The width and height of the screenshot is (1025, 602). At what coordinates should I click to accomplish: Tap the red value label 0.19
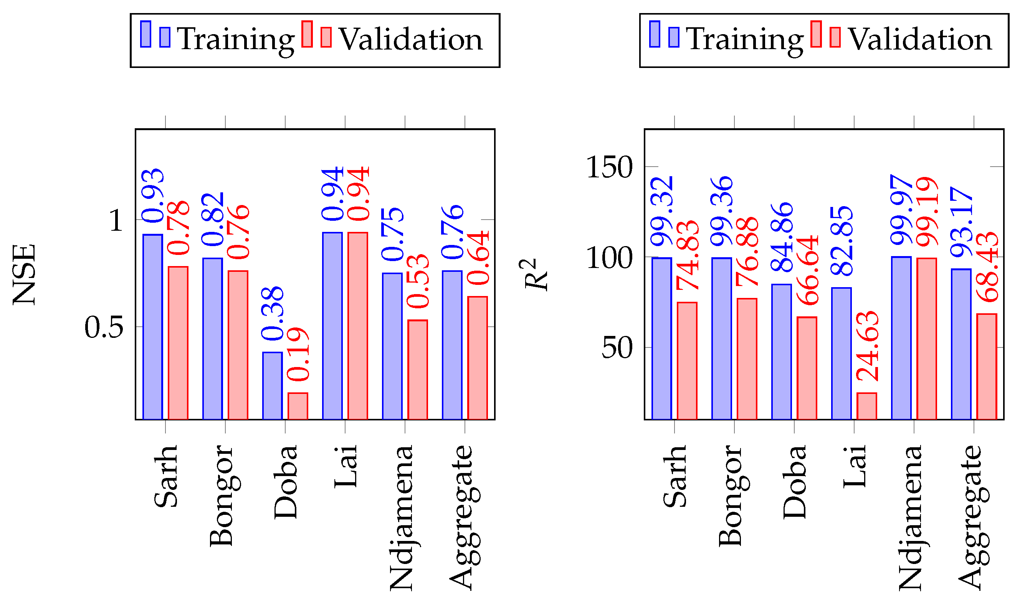pos(298,354)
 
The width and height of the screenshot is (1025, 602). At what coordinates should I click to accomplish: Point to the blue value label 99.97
pos(901,210)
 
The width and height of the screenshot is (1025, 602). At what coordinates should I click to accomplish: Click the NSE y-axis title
pos(25,275)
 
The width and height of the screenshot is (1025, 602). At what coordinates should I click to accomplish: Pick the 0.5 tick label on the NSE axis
pos(104,327)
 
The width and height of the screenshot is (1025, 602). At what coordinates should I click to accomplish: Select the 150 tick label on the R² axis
pos(610,167)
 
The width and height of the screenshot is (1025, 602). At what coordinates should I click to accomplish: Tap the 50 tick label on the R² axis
pos(617,348)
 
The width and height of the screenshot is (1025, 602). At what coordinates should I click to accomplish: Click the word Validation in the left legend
pos(411,40)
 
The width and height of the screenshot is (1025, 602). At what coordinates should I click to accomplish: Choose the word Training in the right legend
pos(745,40)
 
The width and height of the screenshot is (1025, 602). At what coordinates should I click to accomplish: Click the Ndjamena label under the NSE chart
pos(402,518)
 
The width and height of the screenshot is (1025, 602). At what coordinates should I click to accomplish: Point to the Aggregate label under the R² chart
pos(974,518)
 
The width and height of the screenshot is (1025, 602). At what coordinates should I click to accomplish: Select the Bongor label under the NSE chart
pos(222,495)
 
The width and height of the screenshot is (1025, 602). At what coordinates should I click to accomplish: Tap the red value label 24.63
pos(868,347)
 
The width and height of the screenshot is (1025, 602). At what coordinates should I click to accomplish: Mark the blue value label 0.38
pos(273,314)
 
